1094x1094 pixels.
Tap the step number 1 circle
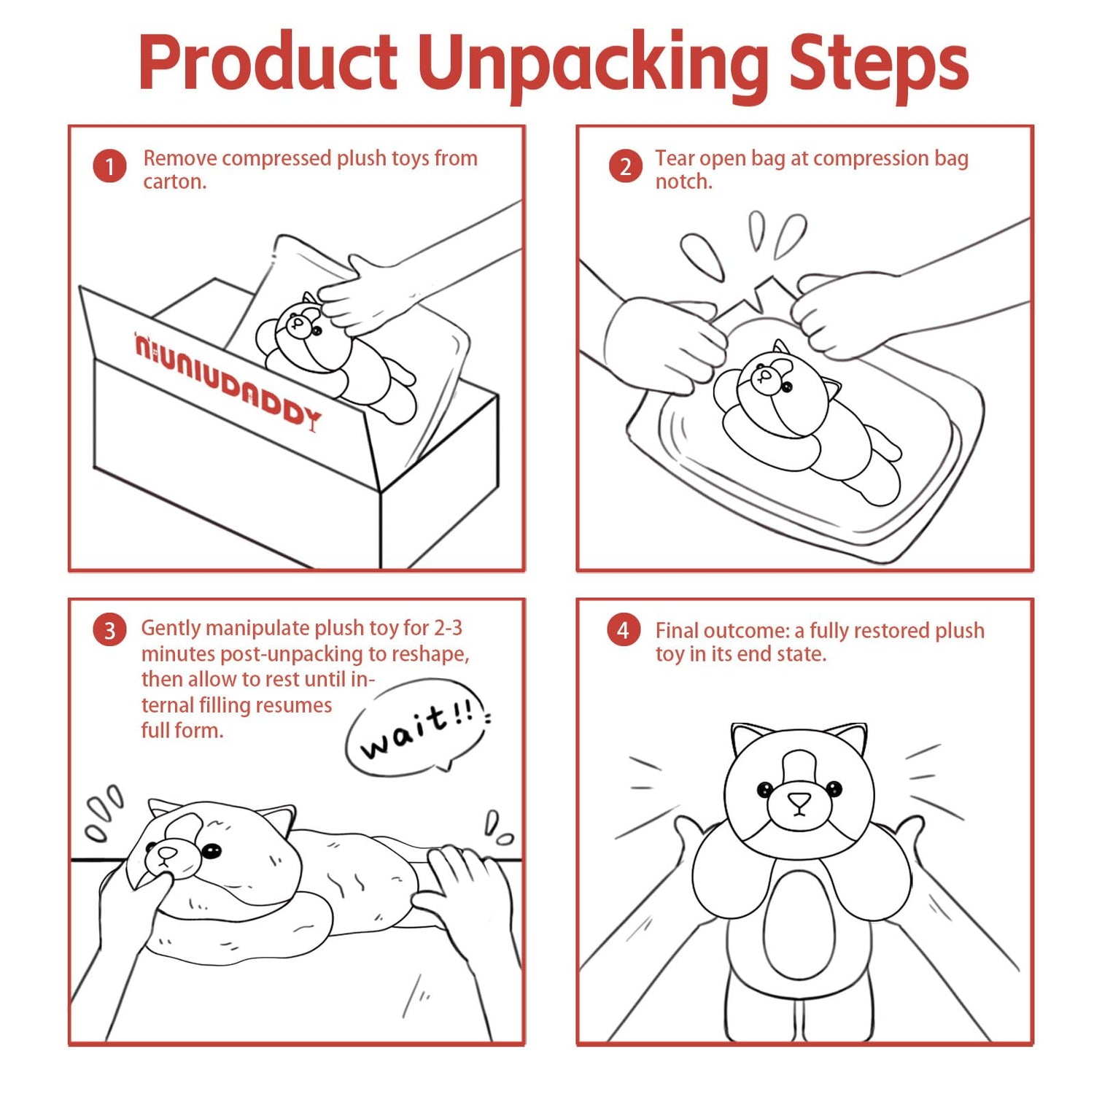point(109,166)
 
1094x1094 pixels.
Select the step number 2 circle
point(625,166)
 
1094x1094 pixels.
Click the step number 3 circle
point(109,630)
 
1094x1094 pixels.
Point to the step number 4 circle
point(624,630)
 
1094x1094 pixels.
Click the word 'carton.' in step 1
point(175,182)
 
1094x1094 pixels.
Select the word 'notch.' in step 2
point(683,182)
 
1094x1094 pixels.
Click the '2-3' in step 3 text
point(448,628)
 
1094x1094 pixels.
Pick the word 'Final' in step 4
point(676,630)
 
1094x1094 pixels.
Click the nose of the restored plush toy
point(799,800)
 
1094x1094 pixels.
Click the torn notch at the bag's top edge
point(762,294)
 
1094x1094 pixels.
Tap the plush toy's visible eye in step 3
point(212,850)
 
